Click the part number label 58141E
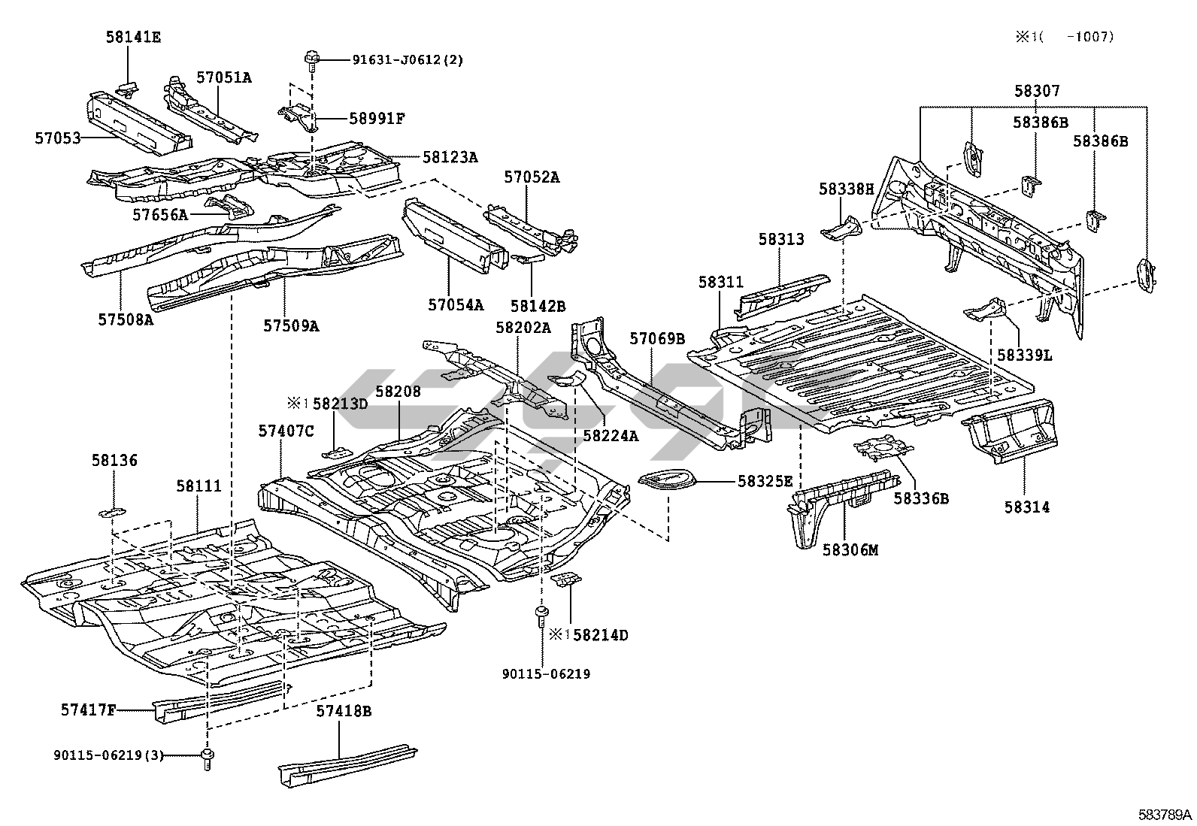tap(133, 36)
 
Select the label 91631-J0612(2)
tap(408, 59)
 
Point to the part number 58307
tap(1037, 91)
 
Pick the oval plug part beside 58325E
tap(666, 479)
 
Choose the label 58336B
tap(921, 497)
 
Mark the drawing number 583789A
tap(1164, 815)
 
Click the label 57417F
tap(88, 708)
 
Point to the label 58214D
tap(600, 635)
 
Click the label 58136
tap(115, 461)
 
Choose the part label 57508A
tap(125, 319)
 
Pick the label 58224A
tap(610, 434)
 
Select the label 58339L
tap(1024, 354)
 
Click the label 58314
tap(1026, 507)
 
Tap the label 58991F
tap(377, 118)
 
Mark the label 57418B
tap(344, 710)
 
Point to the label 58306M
tap(850, 549)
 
